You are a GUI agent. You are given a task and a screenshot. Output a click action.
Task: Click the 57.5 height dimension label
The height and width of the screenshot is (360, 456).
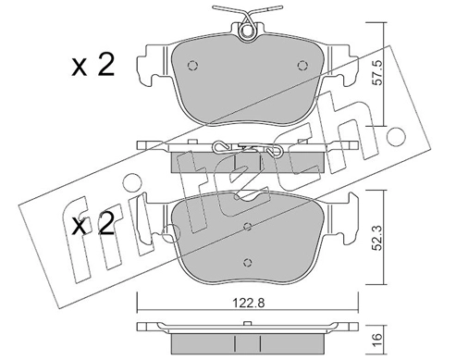(377, 73)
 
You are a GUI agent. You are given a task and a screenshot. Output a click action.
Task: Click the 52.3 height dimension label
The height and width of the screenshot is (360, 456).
(377, 238)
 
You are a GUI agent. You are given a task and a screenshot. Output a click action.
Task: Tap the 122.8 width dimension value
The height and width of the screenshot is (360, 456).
(248, 304)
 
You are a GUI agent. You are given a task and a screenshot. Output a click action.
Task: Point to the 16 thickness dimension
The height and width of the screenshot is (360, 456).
(377, 340)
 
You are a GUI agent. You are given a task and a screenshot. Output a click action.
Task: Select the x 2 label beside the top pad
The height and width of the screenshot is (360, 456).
(93, 65)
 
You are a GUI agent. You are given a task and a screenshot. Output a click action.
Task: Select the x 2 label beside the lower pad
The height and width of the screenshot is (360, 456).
(93, 225)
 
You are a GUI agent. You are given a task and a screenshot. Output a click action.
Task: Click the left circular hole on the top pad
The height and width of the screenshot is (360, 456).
(192, 66)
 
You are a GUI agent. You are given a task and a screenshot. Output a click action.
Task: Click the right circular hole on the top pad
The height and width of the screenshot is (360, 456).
(302, 66)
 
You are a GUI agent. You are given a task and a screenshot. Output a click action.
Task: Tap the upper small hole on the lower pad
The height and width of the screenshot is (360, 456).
(248, 227)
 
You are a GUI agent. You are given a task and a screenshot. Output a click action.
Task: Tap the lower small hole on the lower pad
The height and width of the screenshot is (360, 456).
(248, 262)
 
